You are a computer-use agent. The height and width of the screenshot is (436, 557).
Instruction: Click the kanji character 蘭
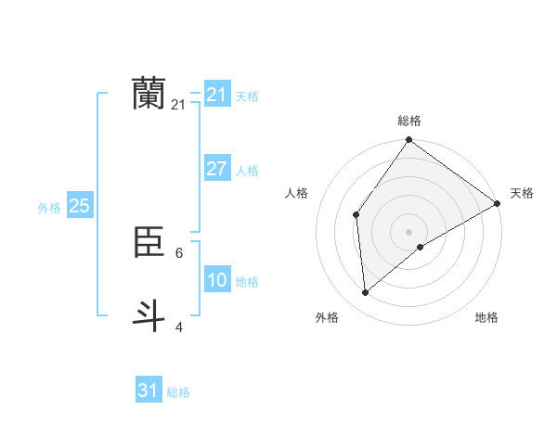tap(149, 93)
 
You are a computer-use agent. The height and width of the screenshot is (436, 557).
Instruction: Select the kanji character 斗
tap(149, 314)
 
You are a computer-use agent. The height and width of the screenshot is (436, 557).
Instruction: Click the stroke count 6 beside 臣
tap(179, 252)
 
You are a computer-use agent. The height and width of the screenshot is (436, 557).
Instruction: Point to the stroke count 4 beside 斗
tap(179, 327)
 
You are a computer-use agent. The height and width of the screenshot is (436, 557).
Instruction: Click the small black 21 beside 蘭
tap(178, 105)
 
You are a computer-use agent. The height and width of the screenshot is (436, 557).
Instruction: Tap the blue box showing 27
tap(216, 169)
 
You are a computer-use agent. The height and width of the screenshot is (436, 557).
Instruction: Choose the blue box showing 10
tap(216, 280)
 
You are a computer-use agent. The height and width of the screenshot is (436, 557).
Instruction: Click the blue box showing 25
tap(79, 206)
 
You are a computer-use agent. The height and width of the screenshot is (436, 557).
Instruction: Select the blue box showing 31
tap(148, 391)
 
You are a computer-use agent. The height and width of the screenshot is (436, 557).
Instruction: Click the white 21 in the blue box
tap(216, 95)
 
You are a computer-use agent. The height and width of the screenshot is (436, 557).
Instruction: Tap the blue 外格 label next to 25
tap(49, 208)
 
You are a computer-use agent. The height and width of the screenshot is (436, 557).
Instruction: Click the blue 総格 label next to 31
tap(178, 392)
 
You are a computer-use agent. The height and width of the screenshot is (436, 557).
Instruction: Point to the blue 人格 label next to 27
tap(247, 171)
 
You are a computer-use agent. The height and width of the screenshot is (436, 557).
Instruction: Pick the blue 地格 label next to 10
tap(247, 282)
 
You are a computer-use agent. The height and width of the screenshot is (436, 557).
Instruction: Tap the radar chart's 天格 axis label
tap(522, 193)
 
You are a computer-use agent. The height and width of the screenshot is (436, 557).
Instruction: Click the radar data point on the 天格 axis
tap(498, 203)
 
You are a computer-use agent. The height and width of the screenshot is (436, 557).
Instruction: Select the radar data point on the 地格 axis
tap(421, 247)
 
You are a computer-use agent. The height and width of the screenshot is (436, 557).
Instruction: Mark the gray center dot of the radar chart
tap(408, 231)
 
